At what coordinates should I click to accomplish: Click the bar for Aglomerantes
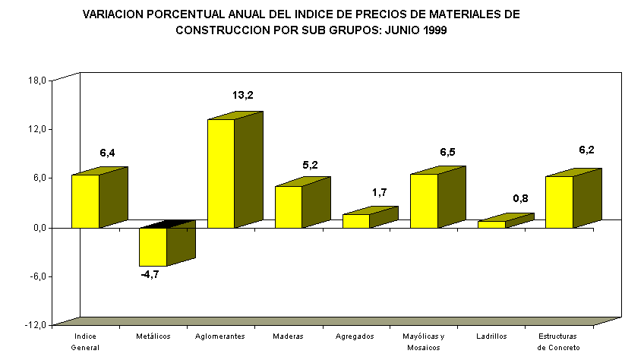(x=221, y=173)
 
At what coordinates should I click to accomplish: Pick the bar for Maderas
(x=289, y=207)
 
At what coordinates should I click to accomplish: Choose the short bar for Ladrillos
(x=491, y=224)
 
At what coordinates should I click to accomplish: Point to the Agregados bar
(x=356, y=220)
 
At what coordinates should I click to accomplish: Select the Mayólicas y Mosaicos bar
(x=424, y=201)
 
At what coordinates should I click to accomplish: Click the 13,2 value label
(x=242, y=96)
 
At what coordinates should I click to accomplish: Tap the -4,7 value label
(x=150, y=274)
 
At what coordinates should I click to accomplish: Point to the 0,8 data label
(x=520, y=198)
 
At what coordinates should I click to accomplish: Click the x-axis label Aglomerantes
(x=220, y=336)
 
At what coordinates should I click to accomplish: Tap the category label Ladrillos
(x=491, y=336)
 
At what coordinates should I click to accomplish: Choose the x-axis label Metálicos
(x=153, y=336)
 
